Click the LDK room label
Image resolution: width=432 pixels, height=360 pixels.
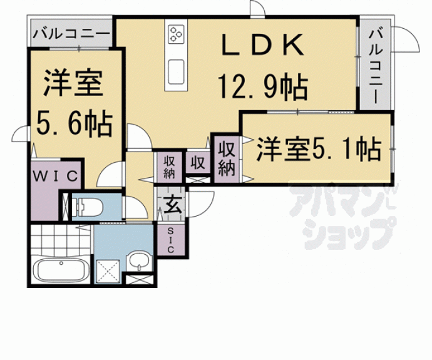[262, 45]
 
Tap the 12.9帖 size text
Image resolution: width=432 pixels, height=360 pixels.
[262, 86]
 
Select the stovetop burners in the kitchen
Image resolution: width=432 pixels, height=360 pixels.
[176, 34]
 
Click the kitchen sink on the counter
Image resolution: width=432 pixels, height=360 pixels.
[176, 72]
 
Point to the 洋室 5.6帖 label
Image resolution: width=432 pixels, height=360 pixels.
[74, 103]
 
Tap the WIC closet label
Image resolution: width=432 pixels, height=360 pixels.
[55, 176]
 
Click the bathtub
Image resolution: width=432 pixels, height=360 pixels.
[61, 270]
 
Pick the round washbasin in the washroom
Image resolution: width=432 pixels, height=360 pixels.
[139, 260]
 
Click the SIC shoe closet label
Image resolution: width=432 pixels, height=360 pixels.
[170, 240]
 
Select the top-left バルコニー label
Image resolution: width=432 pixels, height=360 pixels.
[71, 34]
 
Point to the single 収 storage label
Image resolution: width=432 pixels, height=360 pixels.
[198, 163]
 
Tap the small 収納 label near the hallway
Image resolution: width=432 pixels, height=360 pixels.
[169, 167]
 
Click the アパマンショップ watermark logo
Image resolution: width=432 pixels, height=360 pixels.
[342, 215]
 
